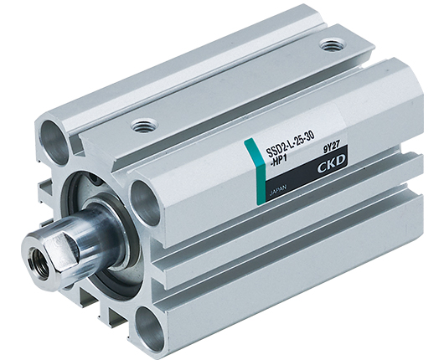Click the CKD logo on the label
[x=331, y=164]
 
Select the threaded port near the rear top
[x=331, y=45]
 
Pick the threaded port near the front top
[x=144, y=126]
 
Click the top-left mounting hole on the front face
[x=54, y=142]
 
